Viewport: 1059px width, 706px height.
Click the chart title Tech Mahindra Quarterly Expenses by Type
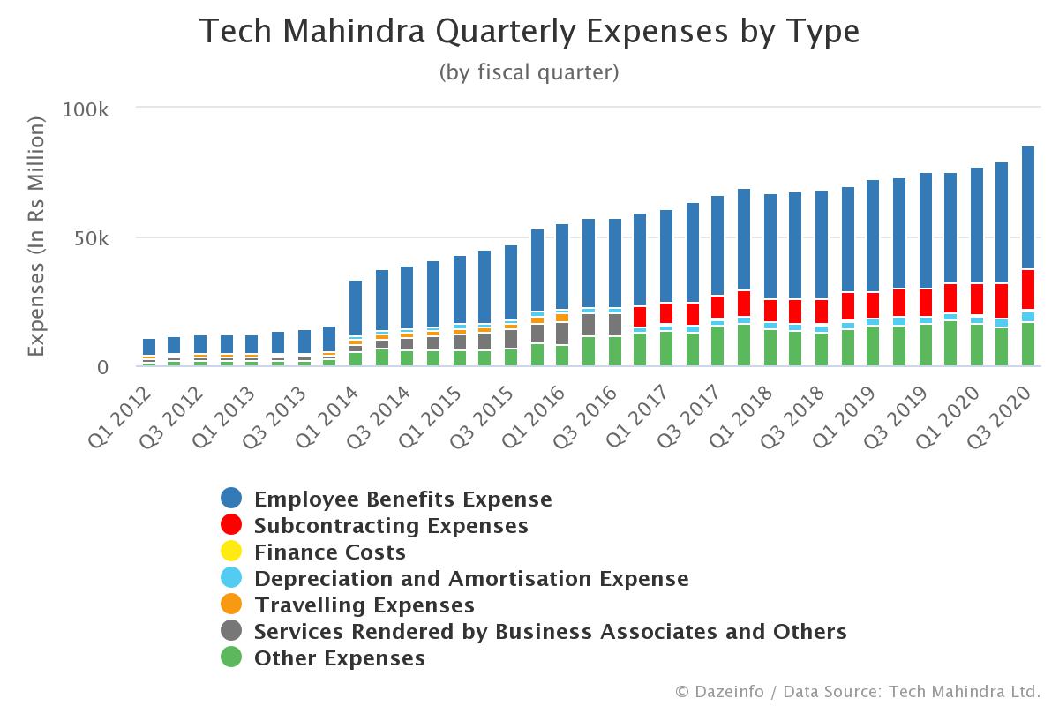[529, 33]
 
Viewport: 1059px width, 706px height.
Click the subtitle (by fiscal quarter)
[529, 72]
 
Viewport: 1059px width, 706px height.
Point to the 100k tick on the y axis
[86, 110]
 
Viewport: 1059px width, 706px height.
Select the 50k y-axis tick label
[91, 239]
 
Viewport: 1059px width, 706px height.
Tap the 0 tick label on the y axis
[102, 367]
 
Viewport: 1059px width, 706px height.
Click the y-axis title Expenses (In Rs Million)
[36, 238]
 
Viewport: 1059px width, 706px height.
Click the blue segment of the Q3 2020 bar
[1028, 207]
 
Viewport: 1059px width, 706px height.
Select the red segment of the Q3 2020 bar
[1028, 290]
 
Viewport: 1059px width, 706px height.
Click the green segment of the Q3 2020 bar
[1028, 344]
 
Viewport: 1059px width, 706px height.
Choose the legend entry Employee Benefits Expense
[402, 499]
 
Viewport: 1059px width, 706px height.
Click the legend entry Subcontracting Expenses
[391, 526]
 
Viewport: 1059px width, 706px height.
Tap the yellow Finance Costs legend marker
[231, 552]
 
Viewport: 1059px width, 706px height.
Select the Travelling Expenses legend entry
[364, 605]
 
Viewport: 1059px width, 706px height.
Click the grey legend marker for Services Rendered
[231, 632]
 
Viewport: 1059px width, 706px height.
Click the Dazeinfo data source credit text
[858, 691]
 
